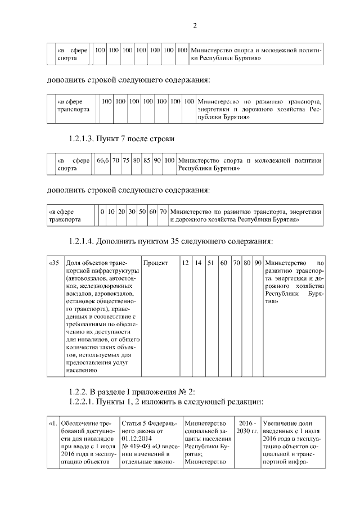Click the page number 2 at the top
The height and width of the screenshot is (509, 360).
[x=195, y=25]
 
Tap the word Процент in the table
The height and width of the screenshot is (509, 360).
[x=156, y=263]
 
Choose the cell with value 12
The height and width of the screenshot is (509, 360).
[x=185, y=263]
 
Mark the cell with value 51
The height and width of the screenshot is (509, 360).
[x=210, y=263]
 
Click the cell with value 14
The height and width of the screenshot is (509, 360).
[x=198, y=263]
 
